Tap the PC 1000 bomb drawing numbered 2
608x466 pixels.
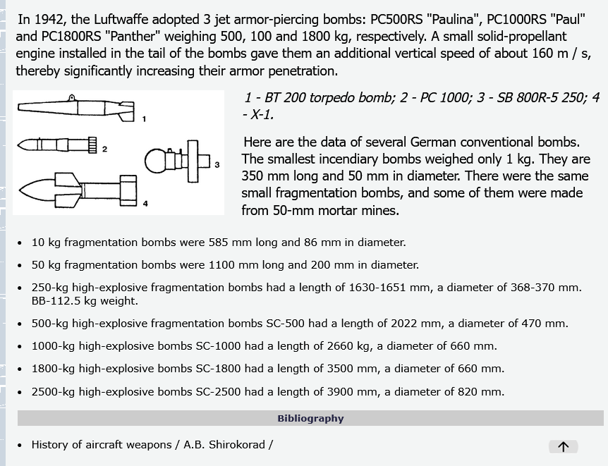57,145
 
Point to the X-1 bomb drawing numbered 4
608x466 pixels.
78,188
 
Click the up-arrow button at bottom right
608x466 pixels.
563,446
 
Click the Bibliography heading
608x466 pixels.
310,418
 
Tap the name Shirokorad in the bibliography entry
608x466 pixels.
237,445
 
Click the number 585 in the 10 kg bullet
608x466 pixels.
219,243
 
